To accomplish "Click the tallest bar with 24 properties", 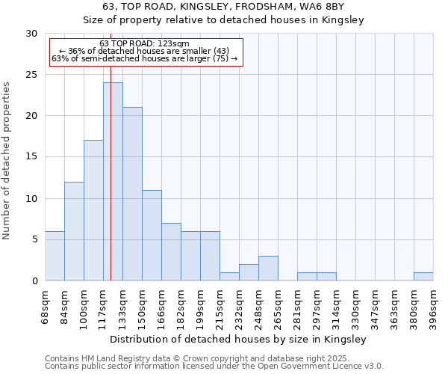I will pos(113,182).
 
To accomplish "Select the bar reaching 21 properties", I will pos(132,194).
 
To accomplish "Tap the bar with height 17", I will pos(93,210).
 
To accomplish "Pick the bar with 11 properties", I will pos(152,235).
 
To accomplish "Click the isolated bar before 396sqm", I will pos(423,276).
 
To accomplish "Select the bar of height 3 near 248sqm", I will pos(268,268).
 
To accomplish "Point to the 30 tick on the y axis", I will pos(31,34).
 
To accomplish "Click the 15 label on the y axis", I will pos(31,157).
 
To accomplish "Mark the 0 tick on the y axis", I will pos(34,280).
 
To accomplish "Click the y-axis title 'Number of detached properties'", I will pos(7,161).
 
